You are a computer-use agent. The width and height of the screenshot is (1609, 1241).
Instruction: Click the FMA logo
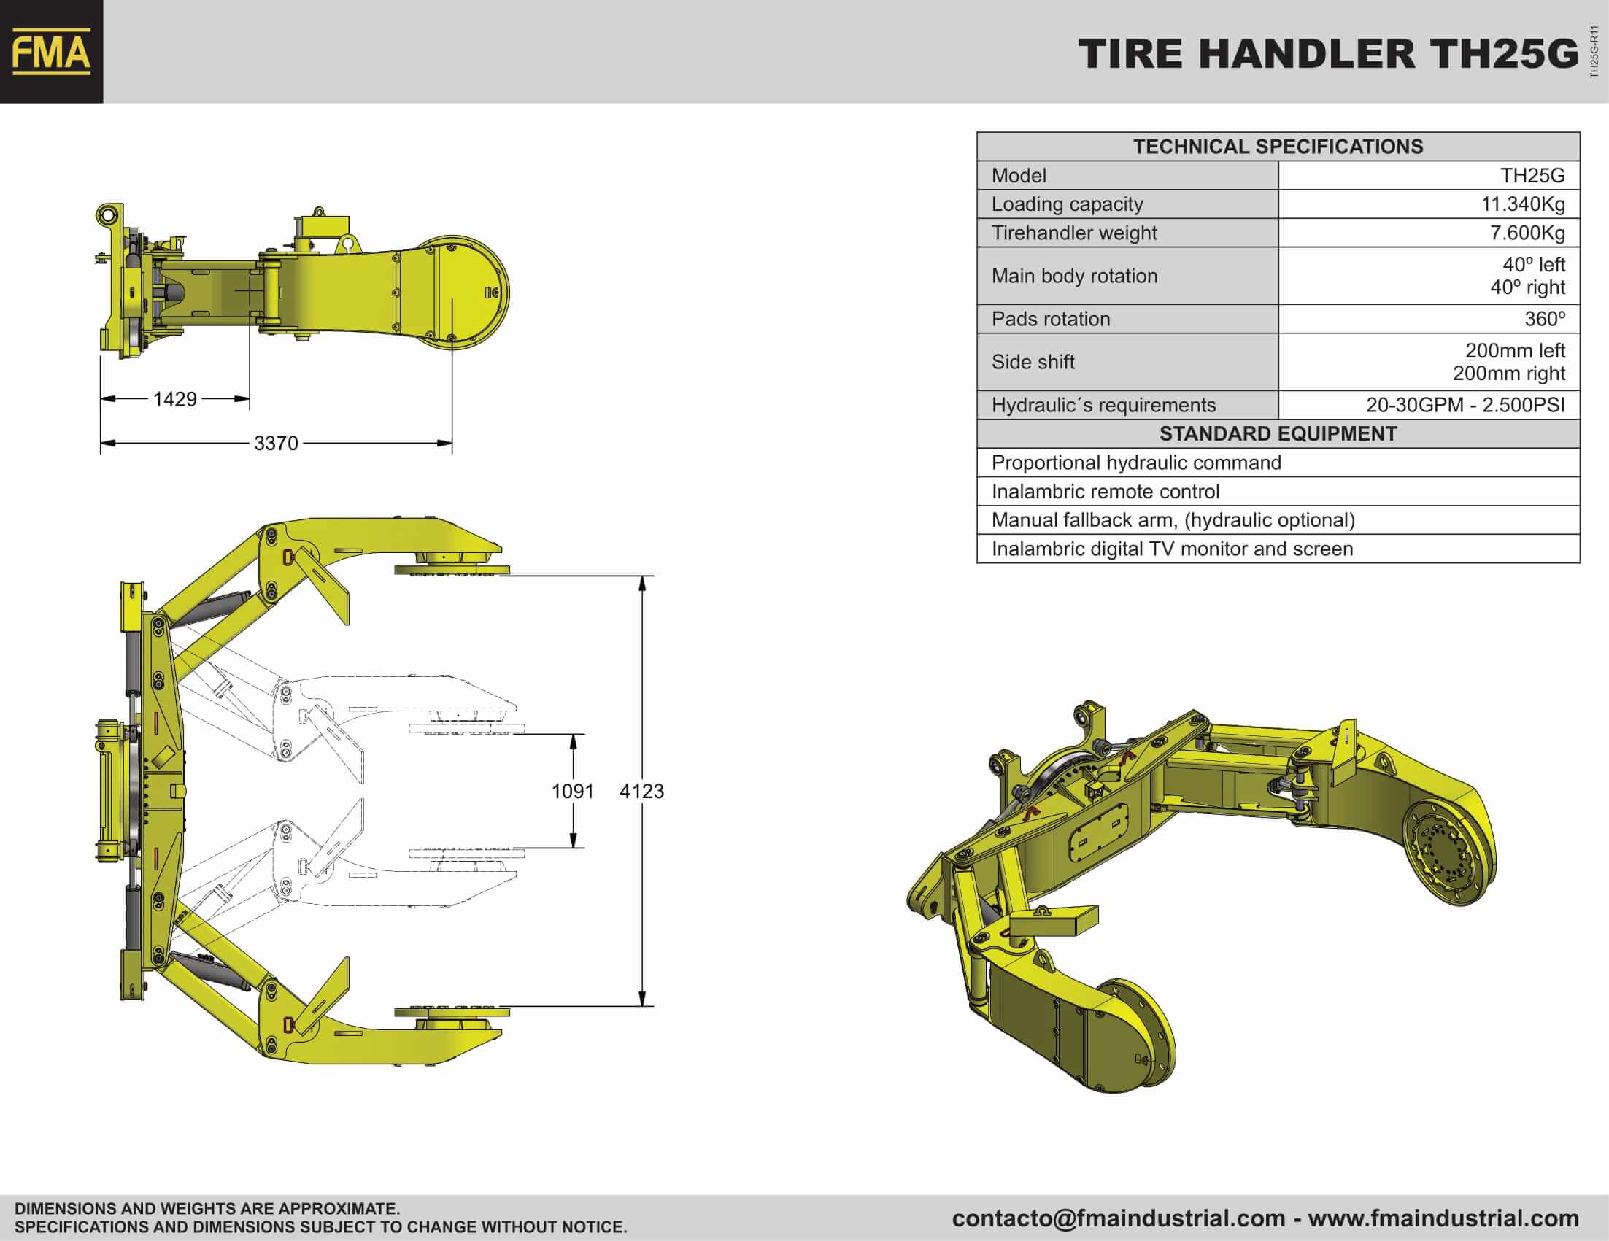(x=52, y=52)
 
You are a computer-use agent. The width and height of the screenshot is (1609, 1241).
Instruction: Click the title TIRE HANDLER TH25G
(x=1329, y=54)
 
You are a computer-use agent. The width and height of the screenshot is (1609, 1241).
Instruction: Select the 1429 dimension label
(x=174, y=399)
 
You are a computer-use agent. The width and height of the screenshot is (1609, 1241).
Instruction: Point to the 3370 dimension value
(x=277, y=444)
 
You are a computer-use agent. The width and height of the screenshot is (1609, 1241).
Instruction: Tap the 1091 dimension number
(x=572, y=791)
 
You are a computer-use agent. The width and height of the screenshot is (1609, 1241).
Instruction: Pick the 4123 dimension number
(x=641, y=791)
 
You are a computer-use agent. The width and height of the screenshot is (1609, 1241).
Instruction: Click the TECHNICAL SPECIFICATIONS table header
(x=1278, y=147)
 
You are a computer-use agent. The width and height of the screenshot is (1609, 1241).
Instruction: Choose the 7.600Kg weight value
(x=1527, y=233)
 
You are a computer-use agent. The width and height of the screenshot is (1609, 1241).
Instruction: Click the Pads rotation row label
(x=1051, y=319)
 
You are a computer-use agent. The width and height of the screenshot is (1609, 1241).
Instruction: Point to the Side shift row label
(x=1033, y=362)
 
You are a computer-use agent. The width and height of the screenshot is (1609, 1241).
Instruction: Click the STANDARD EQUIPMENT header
(x=1278, y=434)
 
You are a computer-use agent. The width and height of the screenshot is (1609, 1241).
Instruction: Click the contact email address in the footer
(x=1119, y=1219)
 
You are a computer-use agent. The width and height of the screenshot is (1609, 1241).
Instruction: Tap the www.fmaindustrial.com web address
(x=1443, y=1219)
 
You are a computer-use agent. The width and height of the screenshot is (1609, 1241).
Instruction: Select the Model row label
(x=1018, y=175)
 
